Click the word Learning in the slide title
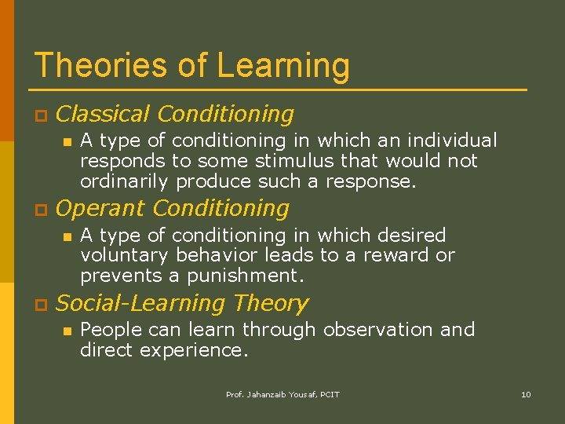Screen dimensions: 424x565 coord(283,67)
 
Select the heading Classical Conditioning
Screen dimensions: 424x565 coord(175,115)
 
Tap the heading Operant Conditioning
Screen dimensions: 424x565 coord(173,209)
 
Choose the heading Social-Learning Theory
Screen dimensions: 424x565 coord(182,303)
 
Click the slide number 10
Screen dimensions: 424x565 coord(526,394)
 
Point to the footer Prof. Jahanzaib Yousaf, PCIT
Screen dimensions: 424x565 coord(282,394)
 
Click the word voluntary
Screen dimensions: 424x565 coord(125,255)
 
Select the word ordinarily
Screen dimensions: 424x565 coord(125,181)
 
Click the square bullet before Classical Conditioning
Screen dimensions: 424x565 coord(38,116)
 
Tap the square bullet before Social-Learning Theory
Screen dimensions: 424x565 coord(38,305)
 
